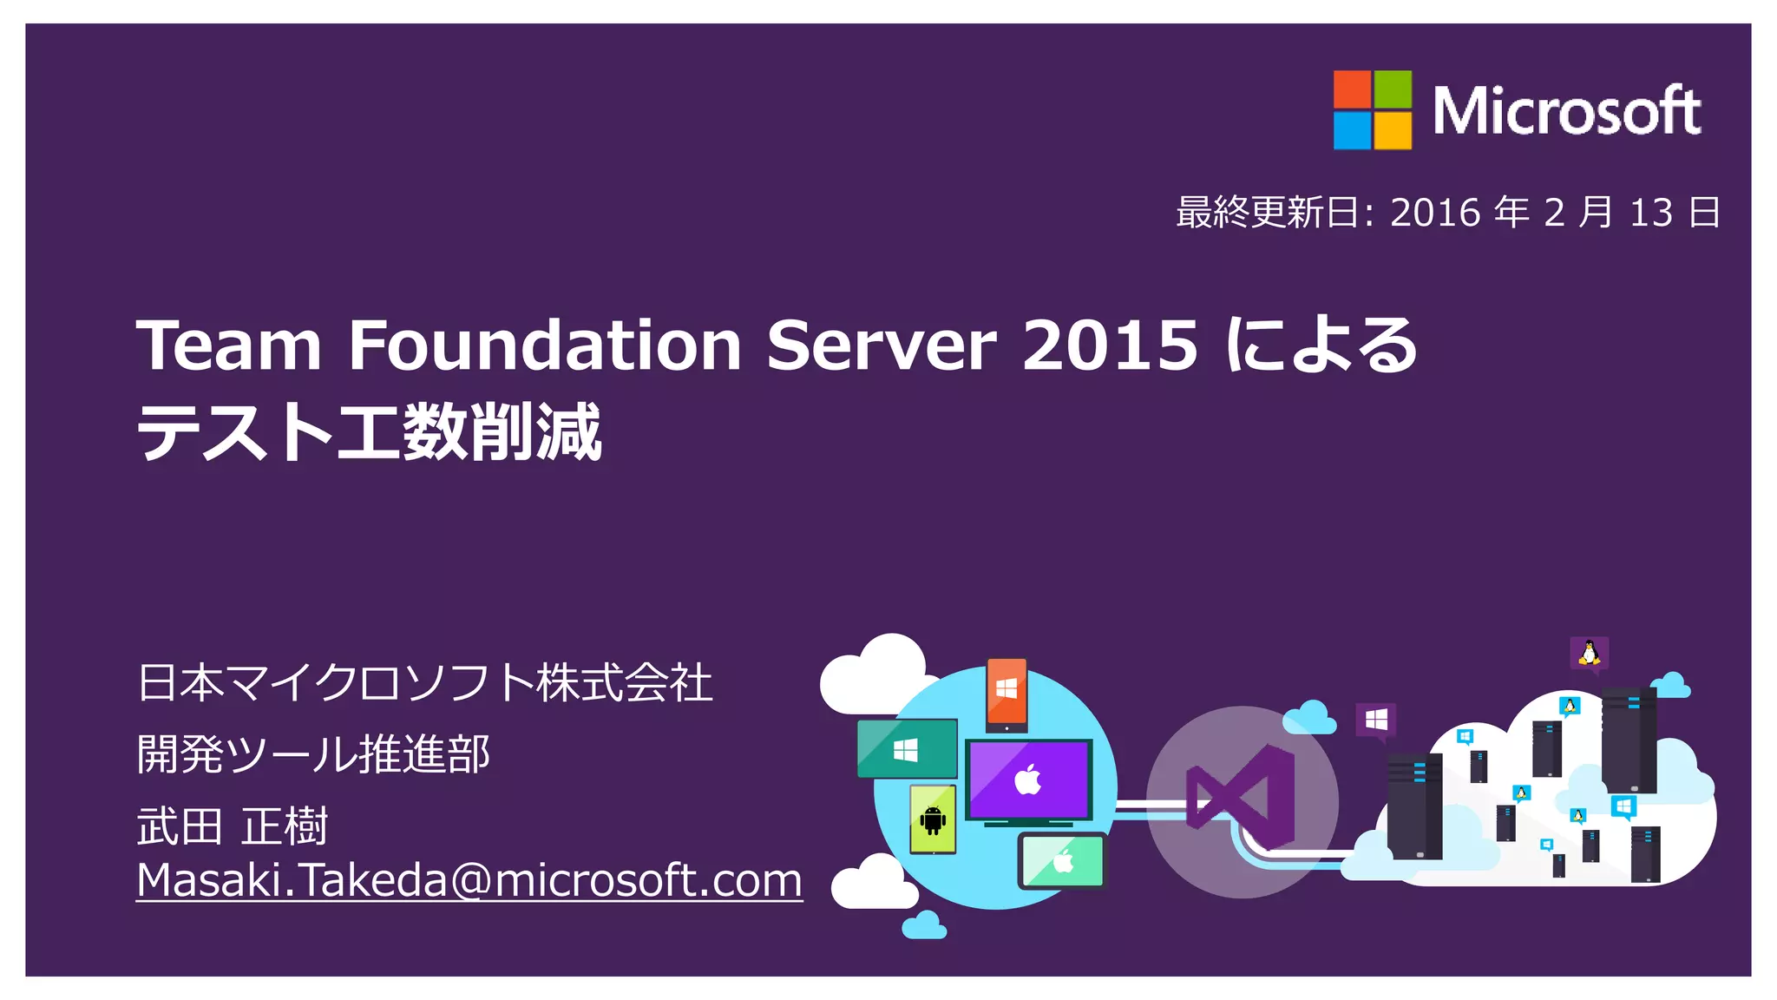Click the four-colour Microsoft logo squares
(x=1372, y=110)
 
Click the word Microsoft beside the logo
(x=1566, y=112)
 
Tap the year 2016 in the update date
(x=1435, y=213)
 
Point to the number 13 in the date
(x=1651, y=213)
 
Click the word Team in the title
(x=229, y=345)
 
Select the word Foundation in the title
(x=544, y=345)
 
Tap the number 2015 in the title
(x=1110, y=345)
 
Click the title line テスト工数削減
(x=369, y=431)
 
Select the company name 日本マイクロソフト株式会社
(x=425, y=682)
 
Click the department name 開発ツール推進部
(x=313, y=753)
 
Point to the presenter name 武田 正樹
(x=233, y=826)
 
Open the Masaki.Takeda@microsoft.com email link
(x=469, y=880)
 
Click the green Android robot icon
(x=933, y=819)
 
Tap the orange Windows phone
(x=1007, y=692)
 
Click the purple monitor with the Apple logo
(x=1029, y=780)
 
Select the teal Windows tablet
(x=906, y=749)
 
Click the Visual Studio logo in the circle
(x=1242, y=798)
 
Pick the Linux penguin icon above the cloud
(x=1589, y=653)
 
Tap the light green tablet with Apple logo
(x=1063, y=861)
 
